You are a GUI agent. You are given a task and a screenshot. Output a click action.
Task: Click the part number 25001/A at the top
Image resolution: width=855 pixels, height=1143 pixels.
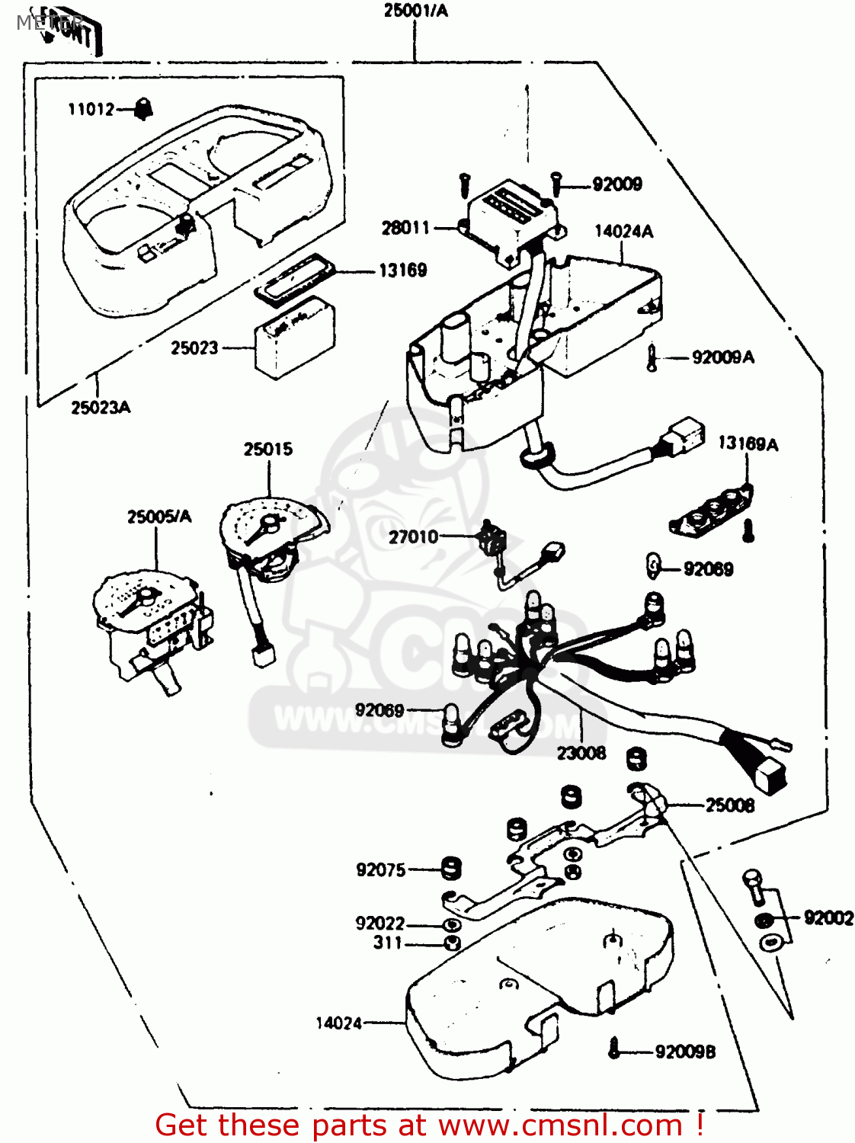(x=415, y=11)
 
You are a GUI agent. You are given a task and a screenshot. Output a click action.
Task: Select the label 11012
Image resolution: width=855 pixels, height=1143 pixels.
(x=91, y=110)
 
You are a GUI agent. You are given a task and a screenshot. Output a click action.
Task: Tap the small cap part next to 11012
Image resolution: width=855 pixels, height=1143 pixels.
(x=142, y=110)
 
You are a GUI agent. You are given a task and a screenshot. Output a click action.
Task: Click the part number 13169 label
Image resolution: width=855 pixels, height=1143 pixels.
(x=402, y=271)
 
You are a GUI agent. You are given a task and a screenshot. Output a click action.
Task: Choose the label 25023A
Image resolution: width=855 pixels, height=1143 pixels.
(x=101, y=408)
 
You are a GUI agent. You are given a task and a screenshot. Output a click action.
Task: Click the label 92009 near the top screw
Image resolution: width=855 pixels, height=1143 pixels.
(x=617, y=184)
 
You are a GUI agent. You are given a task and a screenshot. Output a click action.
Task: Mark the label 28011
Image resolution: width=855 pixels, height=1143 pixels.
(x=405, y=228)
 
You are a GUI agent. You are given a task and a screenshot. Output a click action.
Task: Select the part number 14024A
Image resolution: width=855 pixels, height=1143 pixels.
(x=623, y=232)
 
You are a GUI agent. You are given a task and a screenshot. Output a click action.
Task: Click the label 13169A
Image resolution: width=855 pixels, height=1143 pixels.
(x=748, y=444)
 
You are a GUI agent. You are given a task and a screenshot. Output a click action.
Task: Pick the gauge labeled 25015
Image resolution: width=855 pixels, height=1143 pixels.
(x=271, y=533)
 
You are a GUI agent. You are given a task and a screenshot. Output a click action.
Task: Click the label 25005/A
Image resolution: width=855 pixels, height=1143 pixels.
(x=159, y=517)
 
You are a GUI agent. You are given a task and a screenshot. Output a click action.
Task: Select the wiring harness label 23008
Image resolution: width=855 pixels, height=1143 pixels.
(x=581, y=754)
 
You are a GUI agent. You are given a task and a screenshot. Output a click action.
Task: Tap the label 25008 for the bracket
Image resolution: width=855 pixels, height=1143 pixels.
(x=729, y=805)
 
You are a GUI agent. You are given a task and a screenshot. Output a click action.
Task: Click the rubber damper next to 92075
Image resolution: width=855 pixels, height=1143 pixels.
(x=452, y=868)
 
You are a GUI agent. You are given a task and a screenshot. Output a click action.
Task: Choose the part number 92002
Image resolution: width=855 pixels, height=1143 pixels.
(x=828, y=918)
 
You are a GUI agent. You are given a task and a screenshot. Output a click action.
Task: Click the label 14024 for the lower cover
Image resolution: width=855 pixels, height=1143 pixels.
(x=339, y=1023)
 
